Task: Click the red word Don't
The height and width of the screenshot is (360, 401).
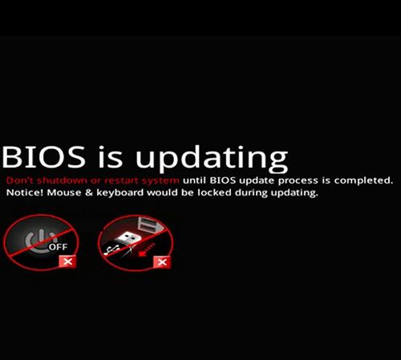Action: pos(19,180)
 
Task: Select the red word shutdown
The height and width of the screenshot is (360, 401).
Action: pos(61,180)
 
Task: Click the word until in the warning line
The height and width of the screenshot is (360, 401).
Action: pos(196,180)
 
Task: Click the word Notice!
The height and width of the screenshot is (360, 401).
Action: pos(24,194)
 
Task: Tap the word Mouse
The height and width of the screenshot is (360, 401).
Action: pos(67,194)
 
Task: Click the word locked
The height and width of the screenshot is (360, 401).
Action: pos(221,194)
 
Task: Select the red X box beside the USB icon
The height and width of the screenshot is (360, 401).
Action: pos(161,261)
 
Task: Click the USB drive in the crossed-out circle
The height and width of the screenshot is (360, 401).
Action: pos(128,237)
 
